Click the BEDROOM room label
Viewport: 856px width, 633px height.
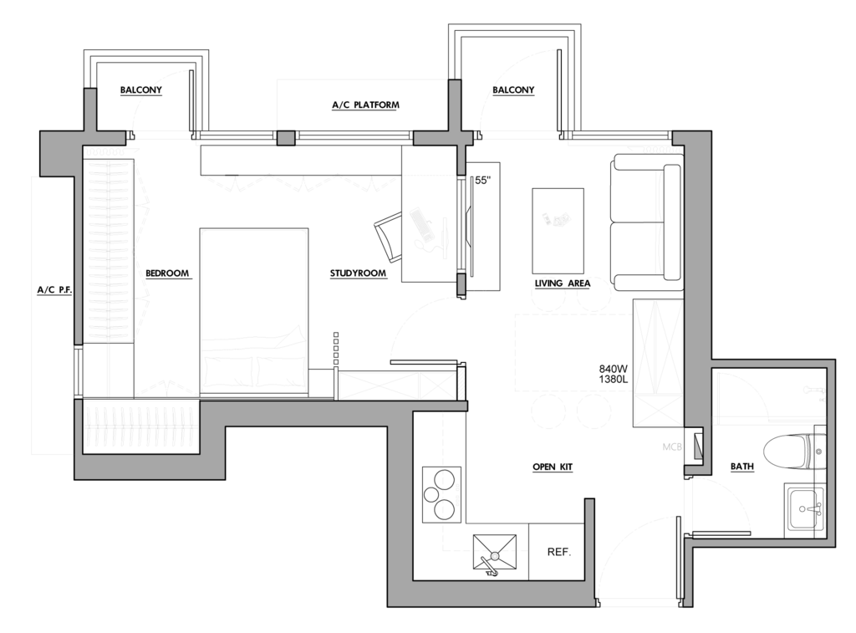click(167, 273)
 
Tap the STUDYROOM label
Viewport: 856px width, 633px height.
click(358, 273)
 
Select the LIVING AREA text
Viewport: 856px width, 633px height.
click(563, 283)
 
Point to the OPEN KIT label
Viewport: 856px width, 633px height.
click(553, 467)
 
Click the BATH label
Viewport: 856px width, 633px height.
click(742, 467)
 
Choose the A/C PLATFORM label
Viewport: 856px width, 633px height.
click(366, 105)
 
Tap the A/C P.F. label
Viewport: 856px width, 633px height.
click(54, 290)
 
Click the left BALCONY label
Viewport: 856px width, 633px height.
click(140, 89)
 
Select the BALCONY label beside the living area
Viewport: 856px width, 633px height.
click(513, 89)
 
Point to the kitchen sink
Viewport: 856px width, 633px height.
click(495, 554)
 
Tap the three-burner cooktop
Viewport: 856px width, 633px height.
click(441, 494)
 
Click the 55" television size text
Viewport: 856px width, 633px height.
click(483, 181)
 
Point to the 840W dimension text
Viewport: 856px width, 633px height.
click(613, 369)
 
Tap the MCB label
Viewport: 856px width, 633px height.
click(672, 447)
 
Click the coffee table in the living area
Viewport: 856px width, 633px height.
click(558, 231)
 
